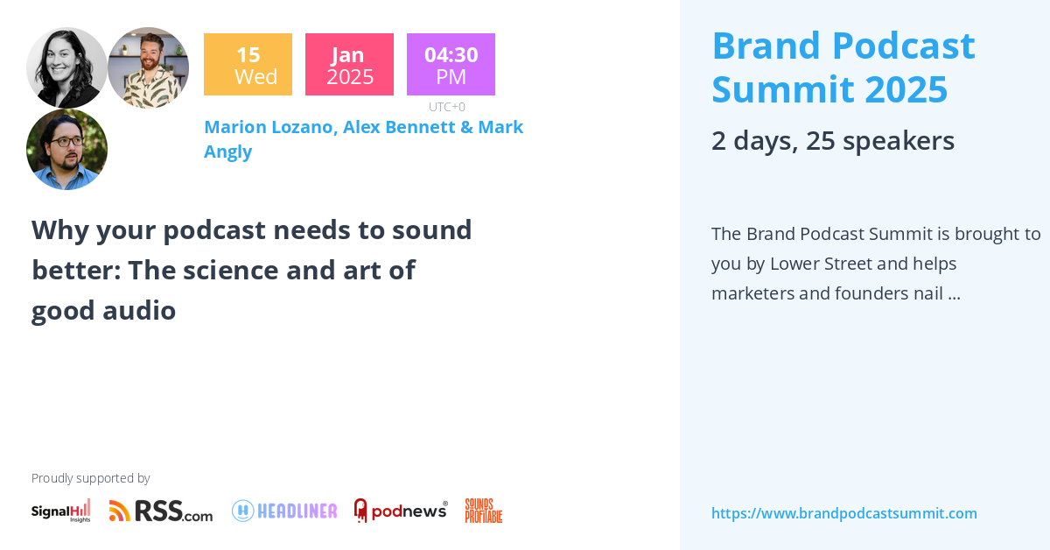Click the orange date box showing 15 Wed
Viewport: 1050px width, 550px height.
(248, 65)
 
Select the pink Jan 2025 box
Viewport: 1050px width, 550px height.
(349, 65)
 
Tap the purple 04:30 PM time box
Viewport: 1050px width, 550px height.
(451, 65)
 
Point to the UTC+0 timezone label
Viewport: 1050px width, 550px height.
(447, 107)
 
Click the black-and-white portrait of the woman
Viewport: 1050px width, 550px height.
(66, 67)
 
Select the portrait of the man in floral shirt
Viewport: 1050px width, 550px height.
(148, 67)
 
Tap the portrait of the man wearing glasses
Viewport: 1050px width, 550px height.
(66, 149)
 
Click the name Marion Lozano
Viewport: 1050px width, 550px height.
(269, 127)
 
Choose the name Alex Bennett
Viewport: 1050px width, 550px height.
(398, 127)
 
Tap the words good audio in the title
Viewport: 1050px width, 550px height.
(104, 310)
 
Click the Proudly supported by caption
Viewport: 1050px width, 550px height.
(90, 478)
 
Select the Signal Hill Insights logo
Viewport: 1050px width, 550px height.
(61, 511)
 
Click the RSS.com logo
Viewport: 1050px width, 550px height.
(161, 511)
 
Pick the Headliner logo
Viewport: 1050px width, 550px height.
(284, 511)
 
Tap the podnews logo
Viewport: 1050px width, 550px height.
(401, 511)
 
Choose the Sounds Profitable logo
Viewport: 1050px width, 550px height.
(483, 511)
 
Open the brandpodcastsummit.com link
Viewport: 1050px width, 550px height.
(843, 513)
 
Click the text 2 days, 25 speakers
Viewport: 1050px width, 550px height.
(832, 140)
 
